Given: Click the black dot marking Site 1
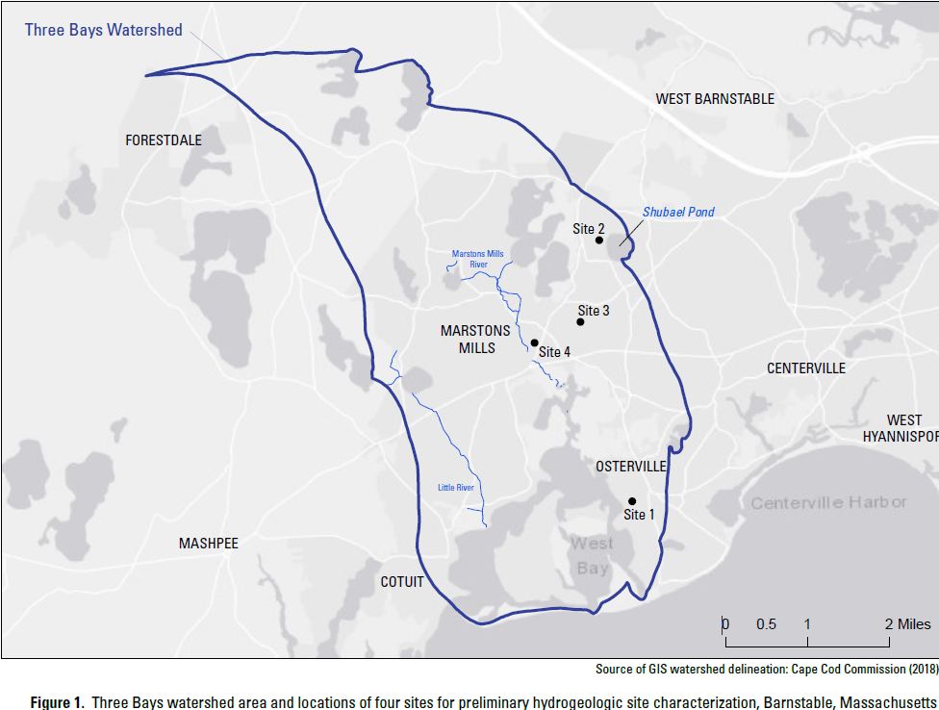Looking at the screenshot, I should pos(632,501).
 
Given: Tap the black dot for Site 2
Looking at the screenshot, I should pos(599,241).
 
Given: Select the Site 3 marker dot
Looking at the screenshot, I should pos(580,322).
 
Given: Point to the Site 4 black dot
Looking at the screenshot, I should pos(534,342).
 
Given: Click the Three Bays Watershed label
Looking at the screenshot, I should pos(103,30).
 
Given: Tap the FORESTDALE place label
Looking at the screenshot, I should pos(164,140).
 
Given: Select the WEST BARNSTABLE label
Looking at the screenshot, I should pos(715,99).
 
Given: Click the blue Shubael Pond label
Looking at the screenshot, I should pos(678,212).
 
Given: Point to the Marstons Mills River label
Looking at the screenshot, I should pos(478,259).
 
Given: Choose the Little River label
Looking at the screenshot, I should pos(456,488).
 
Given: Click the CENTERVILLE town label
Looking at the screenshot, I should pos(806,368).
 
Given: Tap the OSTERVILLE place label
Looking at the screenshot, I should pos(631,467).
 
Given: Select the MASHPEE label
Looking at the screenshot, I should pos(209,544).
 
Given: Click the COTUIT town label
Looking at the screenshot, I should pos(402,582).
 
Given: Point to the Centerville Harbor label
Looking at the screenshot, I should pos(828,503).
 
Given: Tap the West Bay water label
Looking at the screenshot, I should pos(592,556).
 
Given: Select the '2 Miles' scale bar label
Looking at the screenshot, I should pos(908,624).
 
